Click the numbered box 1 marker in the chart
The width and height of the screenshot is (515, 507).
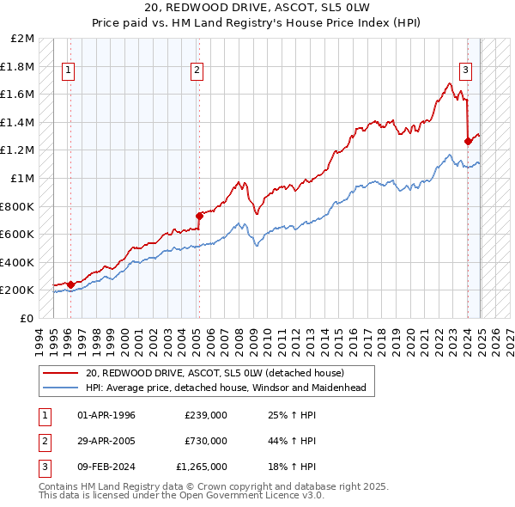68,71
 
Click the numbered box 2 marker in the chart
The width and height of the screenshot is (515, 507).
197,71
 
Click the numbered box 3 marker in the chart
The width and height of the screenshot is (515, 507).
464,71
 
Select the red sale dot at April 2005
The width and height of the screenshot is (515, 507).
199,216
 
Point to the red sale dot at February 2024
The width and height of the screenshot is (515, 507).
468,141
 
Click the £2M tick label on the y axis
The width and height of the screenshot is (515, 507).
23,39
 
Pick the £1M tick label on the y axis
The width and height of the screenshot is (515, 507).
23,178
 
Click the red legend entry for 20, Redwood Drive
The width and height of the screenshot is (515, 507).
215,373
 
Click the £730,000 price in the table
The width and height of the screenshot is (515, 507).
206,441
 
